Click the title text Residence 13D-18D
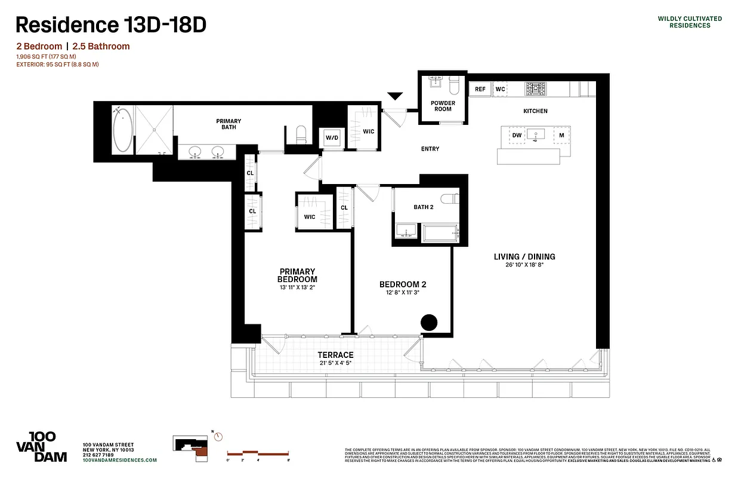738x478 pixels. [x=111, y=24]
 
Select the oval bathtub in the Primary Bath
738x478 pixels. [x=122, y=130]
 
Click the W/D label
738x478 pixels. [x=332, y=138]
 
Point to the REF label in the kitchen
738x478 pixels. [x=480, y=89]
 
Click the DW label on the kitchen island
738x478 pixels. [x=517, y=136]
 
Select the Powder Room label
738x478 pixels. [x=443, y=106]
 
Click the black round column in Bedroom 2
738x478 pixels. [x=429, y=323]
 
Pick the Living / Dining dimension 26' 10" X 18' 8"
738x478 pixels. [x=524, y=265]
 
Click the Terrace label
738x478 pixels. [x=335, y=355]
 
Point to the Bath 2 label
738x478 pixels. [x=424, y=207]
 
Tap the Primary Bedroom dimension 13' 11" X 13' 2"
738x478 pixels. [x=297, y=287]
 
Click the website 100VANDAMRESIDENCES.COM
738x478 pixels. [x=120, y=460]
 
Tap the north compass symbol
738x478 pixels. [x=218, y=436]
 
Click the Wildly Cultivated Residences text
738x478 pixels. [x=689, y=22]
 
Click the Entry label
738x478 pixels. [x=430, y=149]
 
